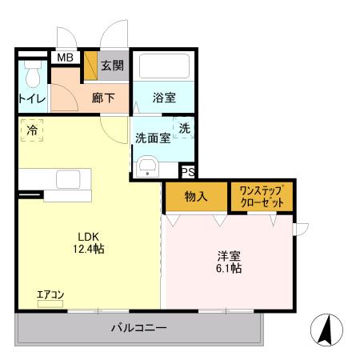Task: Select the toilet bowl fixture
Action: point(32,77)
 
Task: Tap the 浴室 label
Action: point(166,98)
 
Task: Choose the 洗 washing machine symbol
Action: point(184,128)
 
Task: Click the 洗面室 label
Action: point(152,137)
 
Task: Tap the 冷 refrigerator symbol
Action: point(32,130)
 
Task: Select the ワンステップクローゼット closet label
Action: point(262,196)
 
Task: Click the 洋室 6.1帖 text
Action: point(229,262)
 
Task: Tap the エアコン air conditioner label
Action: point(50,296)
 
